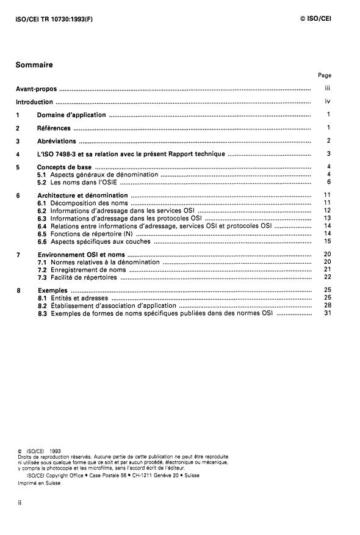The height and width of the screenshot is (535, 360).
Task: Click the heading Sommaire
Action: [x=34, y=64]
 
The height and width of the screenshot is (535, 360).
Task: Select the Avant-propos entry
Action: [x=36, y=89]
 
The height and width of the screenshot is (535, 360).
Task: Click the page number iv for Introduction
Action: [x=328, y=102]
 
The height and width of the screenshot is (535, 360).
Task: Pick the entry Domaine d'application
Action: [x=71, y=115]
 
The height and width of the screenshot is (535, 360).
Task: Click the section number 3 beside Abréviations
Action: [x=18, y=141]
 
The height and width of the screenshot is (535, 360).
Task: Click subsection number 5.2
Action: [x=42, y=182]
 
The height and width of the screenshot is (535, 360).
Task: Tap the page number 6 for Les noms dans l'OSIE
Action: [x=328, y=182]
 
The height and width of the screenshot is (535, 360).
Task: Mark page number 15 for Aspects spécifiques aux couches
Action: [x=327, y=241]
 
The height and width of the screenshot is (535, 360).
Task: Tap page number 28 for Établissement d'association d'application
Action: [x=327, y=305]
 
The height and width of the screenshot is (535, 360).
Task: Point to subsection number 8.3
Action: [x=42, y=313]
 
